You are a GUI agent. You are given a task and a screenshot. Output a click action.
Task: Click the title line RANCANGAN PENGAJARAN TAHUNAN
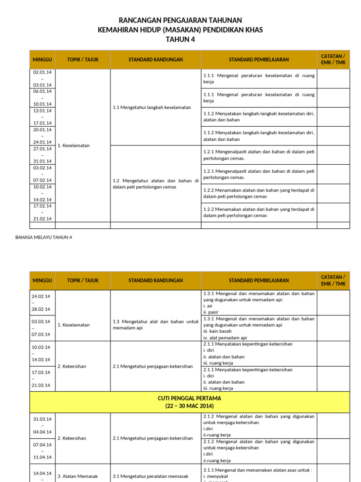pyautogui.click(x=180, y=20)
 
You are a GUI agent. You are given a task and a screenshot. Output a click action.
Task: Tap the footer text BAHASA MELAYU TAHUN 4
pyautogui.click(x=44, y=237)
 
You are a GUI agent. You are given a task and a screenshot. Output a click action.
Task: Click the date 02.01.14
pyautogui.click(x=42, y=72)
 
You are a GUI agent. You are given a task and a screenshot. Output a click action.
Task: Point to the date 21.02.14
pyautogui.click(x=42, y=218)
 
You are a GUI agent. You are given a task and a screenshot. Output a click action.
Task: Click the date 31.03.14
pyautogui.click(x=42, y=419)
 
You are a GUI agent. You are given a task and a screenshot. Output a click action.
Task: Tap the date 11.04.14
pyautogui.click(x=42, y=457)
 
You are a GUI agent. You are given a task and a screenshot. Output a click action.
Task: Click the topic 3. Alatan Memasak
pyautogui.click(x=78, y=476)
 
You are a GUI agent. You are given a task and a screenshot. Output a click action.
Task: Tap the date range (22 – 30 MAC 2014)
pyautogui.click(x=189, y=406)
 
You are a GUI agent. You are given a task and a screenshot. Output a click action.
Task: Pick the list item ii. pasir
pyautogui.click(x=211, y=312)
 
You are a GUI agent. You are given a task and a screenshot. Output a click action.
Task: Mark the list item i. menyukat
pyautogui.click(x=215, y=476)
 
